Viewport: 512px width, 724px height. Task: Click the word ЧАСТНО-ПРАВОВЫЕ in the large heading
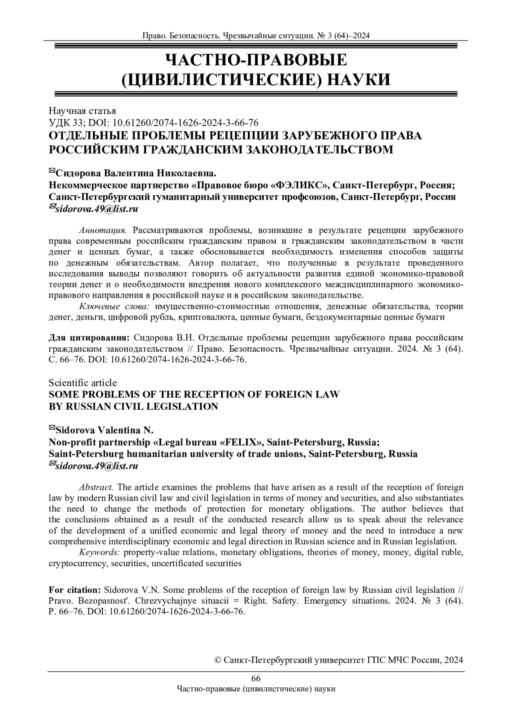coord(256,60)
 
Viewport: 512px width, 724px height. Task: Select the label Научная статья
coord(82,111)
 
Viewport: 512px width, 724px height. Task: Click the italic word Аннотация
coord(103,231)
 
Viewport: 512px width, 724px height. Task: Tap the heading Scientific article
coord(82,382)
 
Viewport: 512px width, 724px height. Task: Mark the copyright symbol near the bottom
coord(218,660)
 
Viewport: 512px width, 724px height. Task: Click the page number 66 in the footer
coord(256,679)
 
